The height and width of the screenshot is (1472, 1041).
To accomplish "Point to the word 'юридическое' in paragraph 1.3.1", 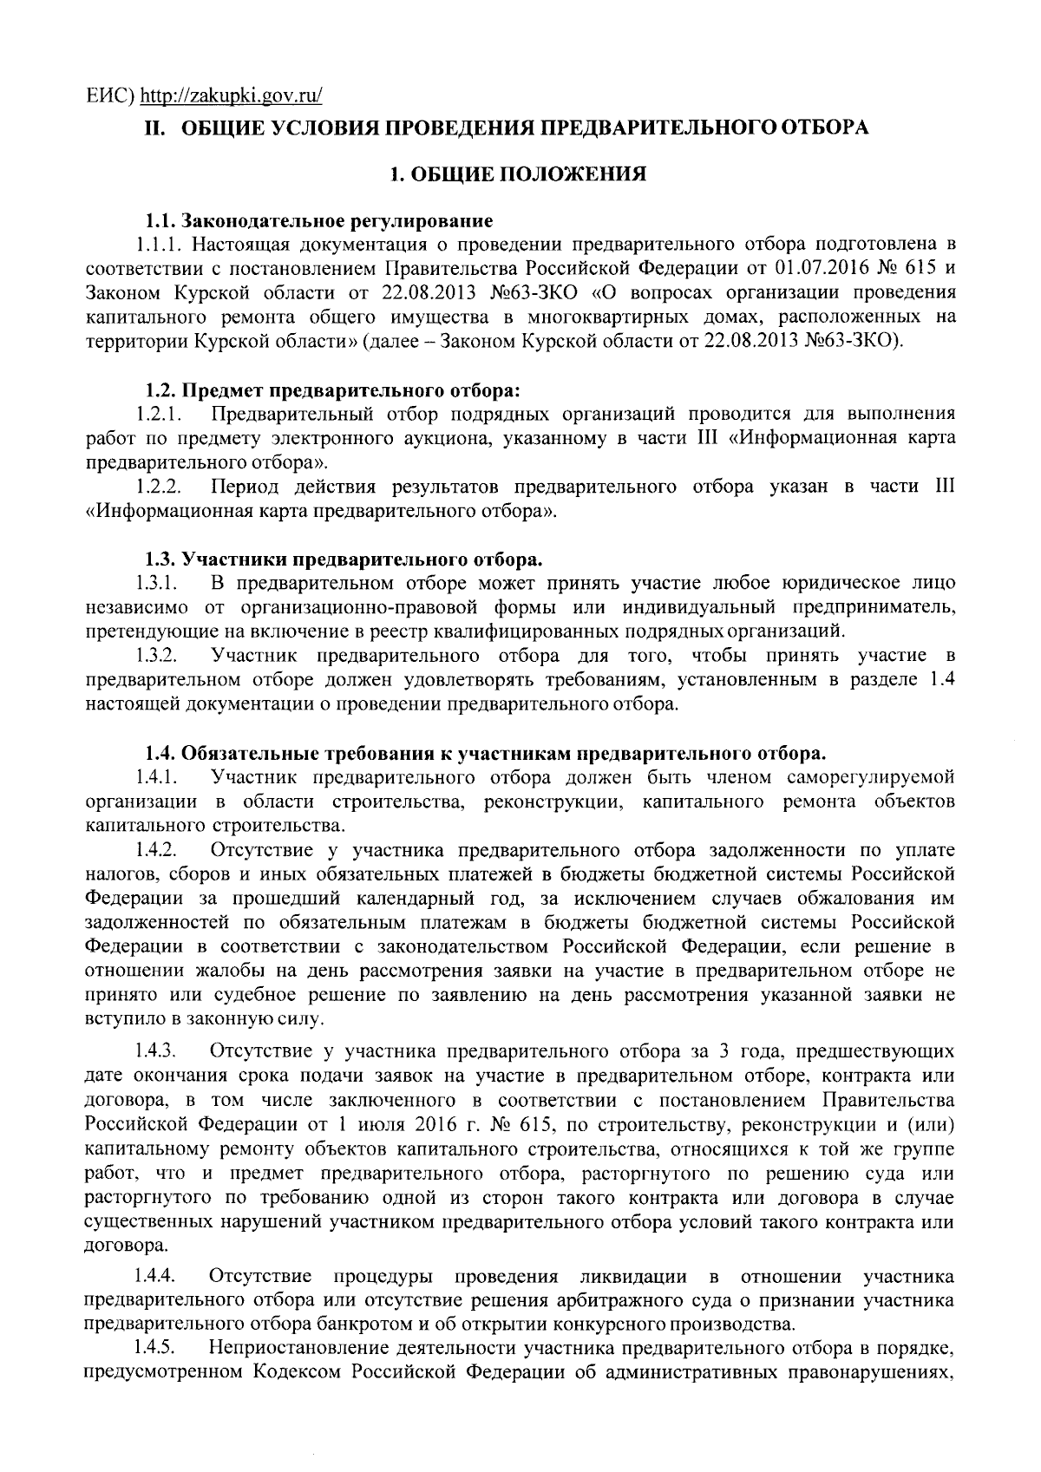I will pyautogui.click(x=832, y=581).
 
